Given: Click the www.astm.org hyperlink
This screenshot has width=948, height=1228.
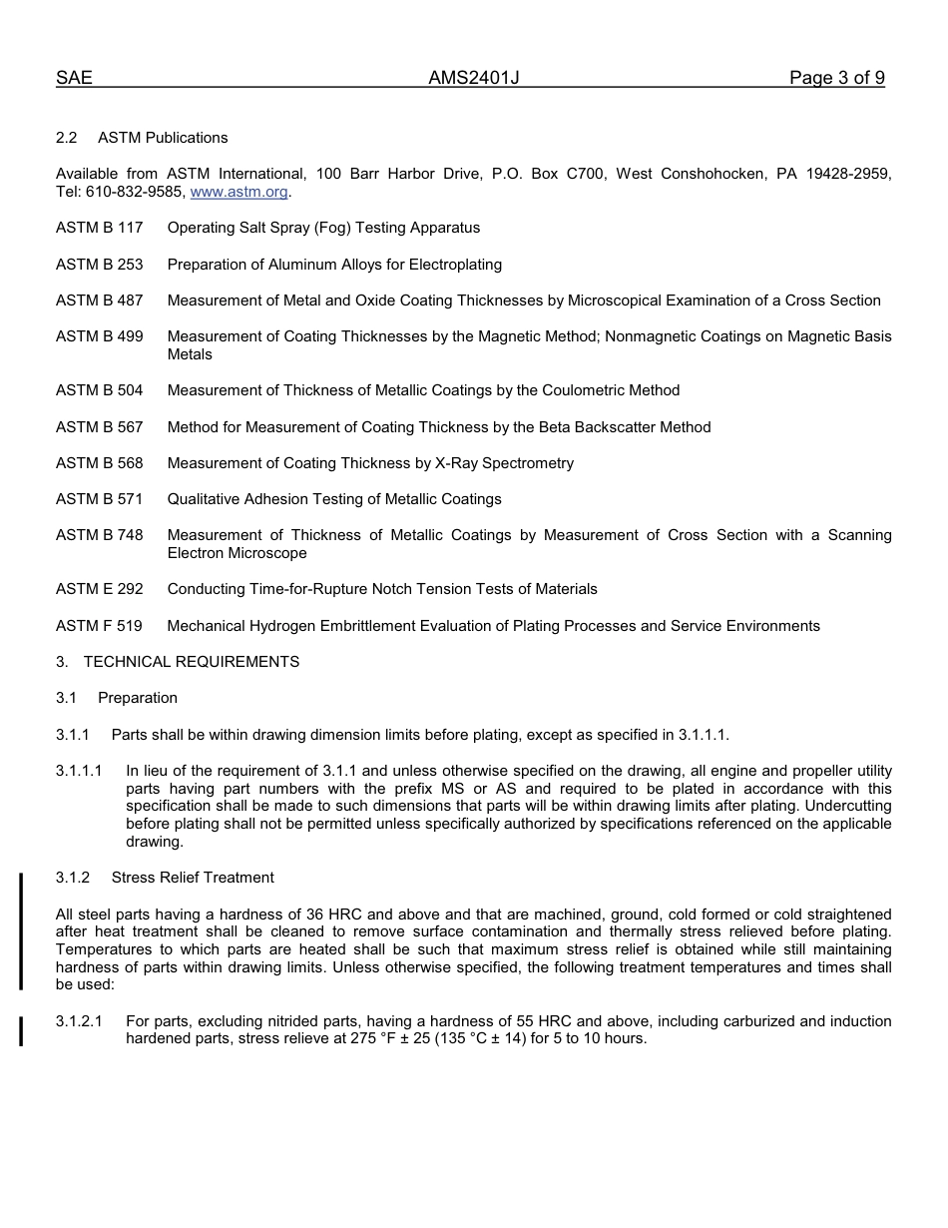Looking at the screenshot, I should pos(238,192).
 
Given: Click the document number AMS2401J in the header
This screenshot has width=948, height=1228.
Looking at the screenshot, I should pos(474,78).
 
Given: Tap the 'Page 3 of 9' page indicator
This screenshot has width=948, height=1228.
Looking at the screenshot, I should pos(836,78).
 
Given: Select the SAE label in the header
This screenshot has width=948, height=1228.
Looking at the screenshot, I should pos(74,78).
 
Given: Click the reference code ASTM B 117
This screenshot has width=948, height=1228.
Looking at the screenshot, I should pos(99,228).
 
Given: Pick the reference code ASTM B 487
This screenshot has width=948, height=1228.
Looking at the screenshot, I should pos(99,301).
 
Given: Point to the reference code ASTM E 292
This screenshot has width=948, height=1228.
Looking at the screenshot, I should pos(99,589).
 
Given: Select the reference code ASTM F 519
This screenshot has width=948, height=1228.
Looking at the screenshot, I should pos(99,626).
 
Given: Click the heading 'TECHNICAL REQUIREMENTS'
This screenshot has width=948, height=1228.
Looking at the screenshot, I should pos(192,662).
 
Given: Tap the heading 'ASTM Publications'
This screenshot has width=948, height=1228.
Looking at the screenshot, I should pos(163,138).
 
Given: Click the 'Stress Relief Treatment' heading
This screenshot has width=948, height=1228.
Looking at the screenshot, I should pos(193,878).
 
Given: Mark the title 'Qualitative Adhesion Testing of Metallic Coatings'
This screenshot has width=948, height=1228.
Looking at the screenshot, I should pos(334,499).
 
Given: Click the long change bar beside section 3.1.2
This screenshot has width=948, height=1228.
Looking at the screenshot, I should pos(21,930).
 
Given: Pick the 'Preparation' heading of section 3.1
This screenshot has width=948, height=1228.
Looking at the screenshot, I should pos(138,698).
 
